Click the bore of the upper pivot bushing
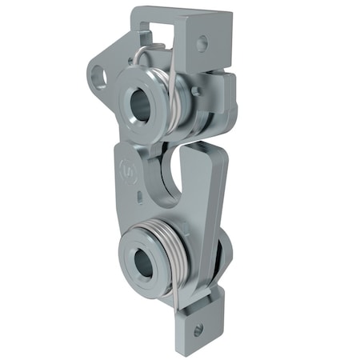[141, 103]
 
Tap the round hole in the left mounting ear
[101, 77]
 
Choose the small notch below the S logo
[138, 195]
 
